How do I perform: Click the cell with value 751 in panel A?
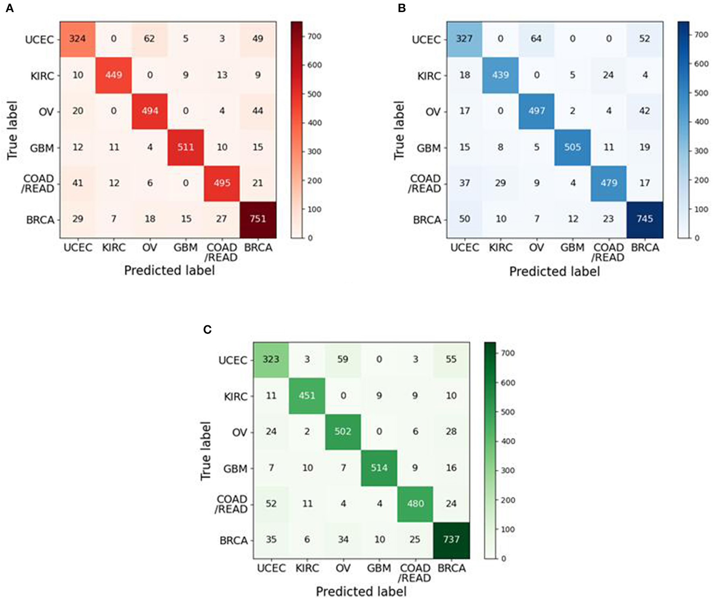[258, 219]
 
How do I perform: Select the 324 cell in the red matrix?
[78, 39]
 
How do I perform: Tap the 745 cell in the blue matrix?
[645, 219]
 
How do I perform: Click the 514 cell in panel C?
[379, 468]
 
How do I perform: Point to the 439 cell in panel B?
[501, 75]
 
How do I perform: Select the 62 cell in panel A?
[150, 39]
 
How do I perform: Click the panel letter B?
[402, 8]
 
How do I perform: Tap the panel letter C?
[208, 330]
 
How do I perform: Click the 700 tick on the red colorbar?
[315, 36]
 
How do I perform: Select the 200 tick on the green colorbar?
[508, 500]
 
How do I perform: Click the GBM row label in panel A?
[42, 148]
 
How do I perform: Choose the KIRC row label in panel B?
[429, 76]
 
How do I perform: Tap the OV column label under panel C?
[343, 568]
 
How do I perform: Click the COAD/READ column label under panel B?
[608, 252]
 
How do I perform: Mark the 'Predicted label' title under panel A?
[169, 270]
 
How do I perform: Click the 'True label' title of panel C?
[206, 451]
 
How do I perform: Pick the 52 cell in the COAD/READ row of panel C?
[271, 503]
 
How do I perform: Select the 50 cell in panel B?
[464, 219]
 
